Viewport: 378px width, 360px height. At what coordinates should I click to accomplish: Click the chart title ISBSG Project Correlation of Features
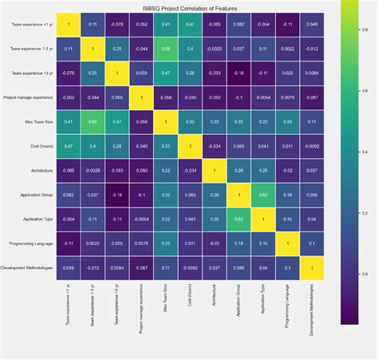click(188, 8)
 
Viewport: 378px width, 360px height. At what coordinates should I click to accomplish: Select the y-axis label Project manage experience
click(29, 98)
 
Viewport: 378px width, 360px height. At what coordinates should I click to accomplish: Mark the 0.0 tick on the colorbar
click(365, 274)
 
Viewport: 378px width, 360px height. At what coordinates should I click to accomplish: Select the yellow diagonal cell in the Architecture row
click(213, 170)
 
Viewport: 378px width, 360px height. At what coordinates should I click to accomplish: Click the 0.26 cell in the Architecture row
click(237, 170)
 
